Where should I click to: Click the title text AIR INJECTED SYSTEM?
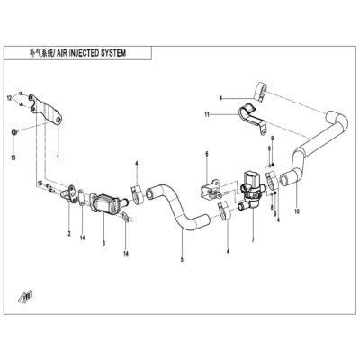point(91,53)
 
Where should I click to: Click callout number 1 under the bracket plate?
point(58,157)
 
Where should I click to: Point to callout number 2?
point(69,233)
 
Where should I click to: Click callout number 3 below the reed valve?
point(103,243)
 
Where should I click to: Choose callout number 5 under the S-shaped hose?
point(182,260)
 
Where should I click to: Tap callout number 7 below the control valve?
point(253,240)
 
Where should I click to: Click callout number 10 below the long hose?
point(297,211)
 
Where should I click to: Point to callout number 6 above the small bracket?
point(207,154)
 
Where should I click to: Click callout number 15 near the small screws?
point(40,183)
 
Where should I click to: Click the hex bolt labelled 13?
point(14,131)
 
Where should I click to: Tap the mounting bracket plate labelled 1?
point(45,108)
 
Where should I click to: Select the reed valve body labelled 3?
point(105,204)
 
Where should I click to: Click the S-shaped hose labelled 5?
point(176,210)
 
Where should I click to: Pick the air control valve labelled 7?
point(252,189)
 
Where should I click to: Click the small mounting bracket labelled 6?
point(211,190)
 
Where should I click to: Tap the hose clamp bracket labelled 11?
point(251,118)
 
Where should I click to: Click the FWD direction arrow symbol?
point(26,295)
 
